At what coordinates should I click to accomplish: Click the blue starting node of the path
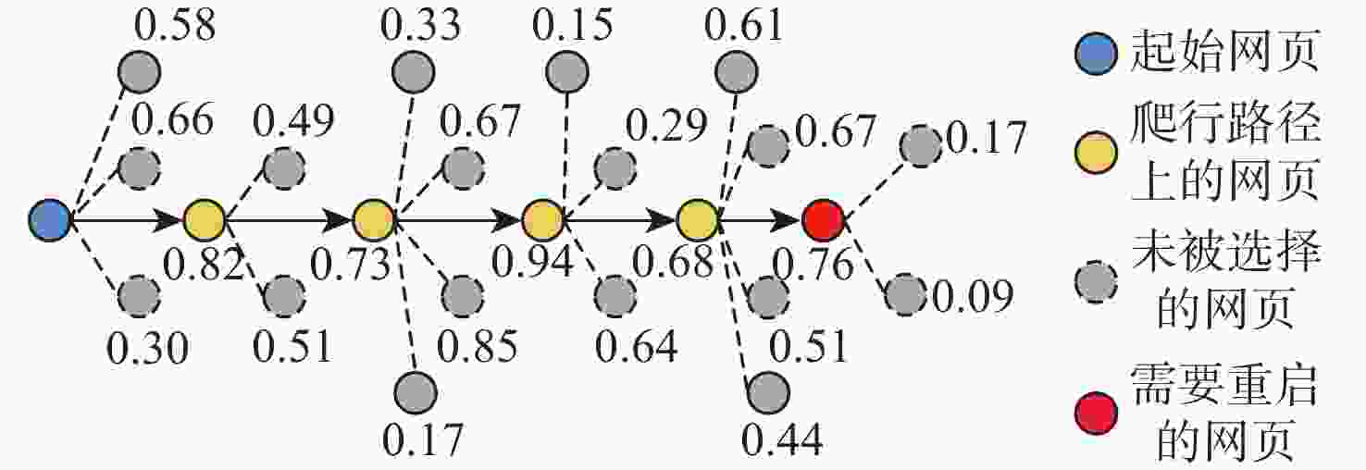click(x=50, y=219)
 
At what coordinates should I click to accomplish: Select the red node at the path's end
click(x=824, y=219)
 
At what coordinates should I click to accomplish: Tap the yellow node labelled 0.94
click(x=542, y=219)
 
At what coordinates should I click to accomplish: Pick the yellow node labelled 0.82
click(x=205, y=219)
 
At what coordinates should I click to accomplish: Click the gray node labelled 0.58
click(x=139, y=72)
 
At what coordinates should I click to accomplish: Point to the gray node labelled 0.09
click(x=906, y=295)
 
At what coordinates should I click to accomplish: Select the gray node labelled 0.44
click(x=768, y=392)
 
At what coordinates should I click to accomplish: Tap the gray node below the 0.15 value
click(x=567, y=72)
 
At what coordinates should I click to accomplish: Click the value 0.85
click(x=478, y=346)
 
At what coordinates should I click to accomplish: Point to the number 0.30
click(x=148, y=349)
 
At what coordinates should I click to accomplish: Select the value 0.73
click(x=351, y=265)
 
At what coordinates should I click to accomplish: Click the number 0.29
click(x=666, y=126)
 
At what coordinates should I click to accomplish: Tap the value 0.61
click(x=744, y=26)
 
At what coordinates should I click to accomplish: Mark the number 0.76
click(x=813, y=265)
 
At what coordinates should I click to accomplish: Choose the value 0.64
click(x=636, y=346)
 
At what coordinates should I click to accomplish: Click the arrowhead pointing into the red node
click(x=787, y=219)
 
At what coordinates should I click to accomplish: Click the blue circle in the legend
click(x=1096, y=54)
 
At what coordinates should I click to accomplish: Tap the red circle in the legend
click(x=1096, y=413)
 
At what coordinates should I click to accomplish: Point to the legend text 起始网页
click(x=1224, y=51)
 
